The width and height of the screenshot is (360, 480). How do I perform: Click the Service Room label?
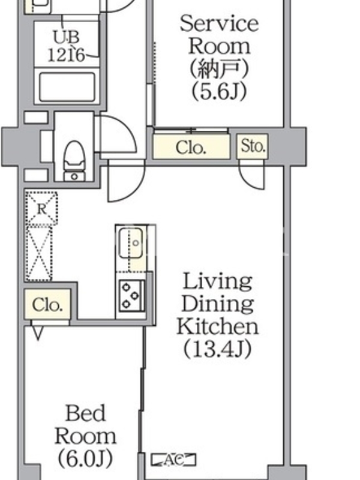[x=219, y=35]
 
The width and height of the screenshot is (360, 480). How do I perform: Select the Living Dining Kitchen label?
[x=218, y=304]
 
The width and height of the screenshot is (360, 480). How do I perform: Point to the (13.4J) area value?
[x=218, y=349]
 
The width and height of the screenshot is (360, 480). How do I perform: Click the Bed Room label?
[x=85, y=425]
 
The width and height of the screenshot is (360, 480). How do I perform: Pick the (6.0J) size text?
[x=85, y=458]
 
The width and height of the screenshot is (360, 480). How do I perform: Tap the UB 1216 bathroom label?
[x=67, y=46]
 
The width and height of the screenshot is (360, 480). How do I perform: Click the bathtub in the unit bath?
[x=67, y=87]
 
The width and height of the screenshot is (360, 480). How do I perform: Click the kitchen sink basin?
[x=131, y=243]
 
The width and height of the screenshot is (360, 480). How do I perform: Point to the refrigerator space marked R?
[x=42, y=209]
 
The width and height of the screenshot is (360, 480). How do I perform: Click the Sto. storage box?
[x=253, y=146]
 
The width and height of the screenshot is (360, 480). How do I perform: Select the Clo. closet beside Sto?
[x=191, y=147]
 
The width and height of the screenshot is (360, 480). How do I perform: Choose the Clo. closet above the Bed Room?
[x=47, y=305]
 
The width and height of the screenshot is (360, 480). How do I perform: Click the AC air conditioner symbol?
[x=173, y=460]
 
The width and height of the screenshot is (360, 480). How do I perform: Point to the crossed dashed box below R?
[x=39, y=253]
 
